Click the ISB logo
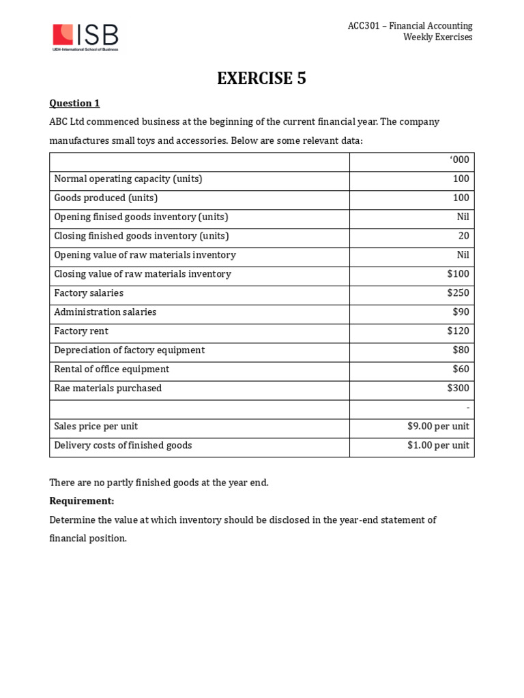(85, 37)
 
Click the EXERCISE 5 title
(261, 78)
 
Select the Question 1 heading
(74, 103)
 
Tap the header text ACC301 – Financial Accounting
(409, 26)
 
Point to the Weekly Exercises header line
(437, 37)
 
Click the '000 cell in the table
(459, 160)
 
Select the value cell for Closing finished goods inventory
(463, 236)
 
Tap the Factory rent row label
(81, 331)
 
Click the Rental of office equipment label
(111, 369)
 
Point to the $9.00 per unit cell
(438, 427)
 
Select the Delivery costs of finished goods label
(123, 446)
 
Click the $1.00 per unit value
(438, 446)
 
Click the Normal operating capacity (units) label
(128, 179)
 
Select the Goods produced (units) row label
(106, 198)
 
